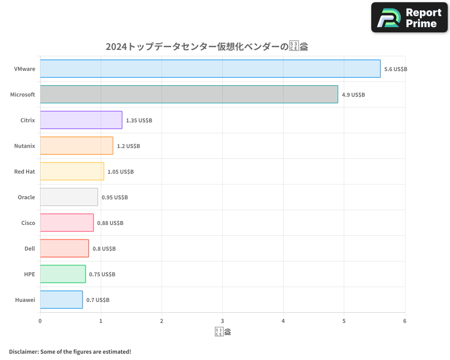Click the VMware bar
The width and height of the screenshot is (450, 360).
coord(210,69)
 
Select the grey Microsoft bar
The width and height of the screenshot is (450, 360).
coord(189,94)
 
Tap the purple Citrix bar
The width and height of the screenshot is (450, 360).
coord(81,120)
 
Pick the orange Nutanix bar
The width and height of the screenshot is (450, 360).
coord(76,146)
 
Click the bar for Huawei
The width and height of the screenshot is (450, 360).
coord(61,300)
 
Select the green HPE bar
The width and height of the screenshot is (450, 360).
coord(63,274)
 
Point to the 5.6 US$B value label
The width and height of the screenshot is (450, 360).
coord(396,69)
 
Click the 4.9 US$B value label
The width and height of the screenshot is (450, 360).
coord(353,95)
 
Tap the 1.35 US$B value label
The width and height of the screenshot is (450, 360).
coord(139,121)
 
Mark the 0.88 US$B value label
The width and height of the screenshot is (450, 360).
coord(110,223)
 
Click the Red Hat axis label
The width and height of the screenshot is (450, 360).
coord(25,171)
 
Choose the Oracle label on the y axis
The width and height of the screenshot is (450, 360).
coord(26,197)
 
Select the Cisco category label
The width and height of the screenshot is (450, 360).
coord(28,223)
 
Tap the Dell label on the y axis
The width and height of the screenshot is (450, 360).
coord(30,248)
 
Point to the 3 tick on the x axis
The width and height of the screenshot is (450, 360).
coord(222,321)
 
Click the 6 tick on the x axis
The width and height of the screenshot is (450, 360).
coord(405,321)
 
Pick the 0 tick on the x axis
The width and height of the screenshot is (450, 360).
coord(40,321)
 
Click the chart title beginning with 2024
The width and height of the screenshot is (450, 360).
coord(207,46)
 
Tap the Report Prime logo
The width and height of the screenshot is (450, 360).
coord(409,18)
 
